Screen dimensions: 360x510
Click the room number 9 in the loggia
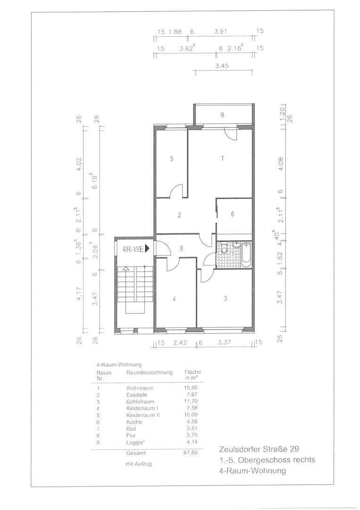[222, 115]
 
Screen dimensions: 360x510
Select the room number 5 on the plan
[172, 159]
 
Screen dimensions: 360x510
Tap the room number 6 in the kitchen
[233, 214]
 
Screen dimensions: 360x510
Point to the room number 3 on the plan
[225, 299]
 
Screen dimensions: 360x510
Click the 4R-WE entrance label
[133, 249]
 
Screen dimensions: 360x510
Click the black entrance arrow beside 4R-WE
[147, 249]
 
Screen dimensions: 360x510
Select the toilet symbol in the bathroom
[224, 249]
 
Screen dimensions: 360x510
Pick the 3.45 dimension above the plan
[222, 66]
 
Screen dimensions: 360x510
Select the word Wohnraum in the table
[140, 388]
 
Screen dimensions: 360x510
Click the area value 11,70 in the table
[191, 401]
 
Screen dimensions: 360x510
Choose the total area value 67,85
[191, 452]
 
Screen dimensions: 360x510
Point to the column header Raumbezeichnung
[150, 373]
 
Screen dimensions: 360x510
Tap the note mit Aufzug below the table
[138, 464]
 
